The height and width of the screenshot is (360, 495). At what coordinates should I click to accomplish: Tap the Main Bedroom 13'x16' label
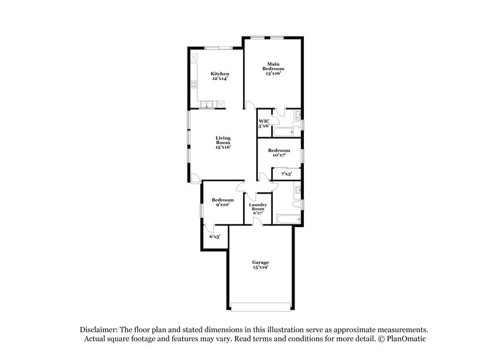(273, 68)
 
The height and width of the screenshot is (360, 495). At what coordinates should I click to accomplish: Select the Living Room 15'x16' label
(223, 142)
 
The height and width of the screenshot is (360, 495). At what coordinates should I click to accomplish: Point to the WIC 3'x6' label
(264, 123)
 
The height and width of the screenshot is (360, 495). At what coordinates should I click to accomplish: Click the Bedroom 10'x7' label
(278, 153)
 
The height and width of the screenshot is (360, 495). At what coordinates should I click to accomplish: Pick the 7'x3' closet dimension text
(286, 174)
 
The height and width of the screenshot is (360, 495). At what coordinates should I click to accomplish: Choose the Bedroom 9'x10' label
(222, 202)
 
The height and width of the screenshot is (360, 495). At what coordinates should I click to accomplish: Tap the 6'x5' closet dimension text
(215, 236)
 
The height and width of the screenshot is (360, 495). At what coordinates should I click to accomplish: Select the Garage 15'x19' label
(260, 265)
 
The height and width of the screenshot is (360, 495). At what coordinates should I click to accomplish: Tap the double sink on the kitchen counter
(210, 103)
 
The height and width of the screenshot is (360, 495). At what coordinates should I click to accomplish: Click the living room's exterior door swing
(195, 178)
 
